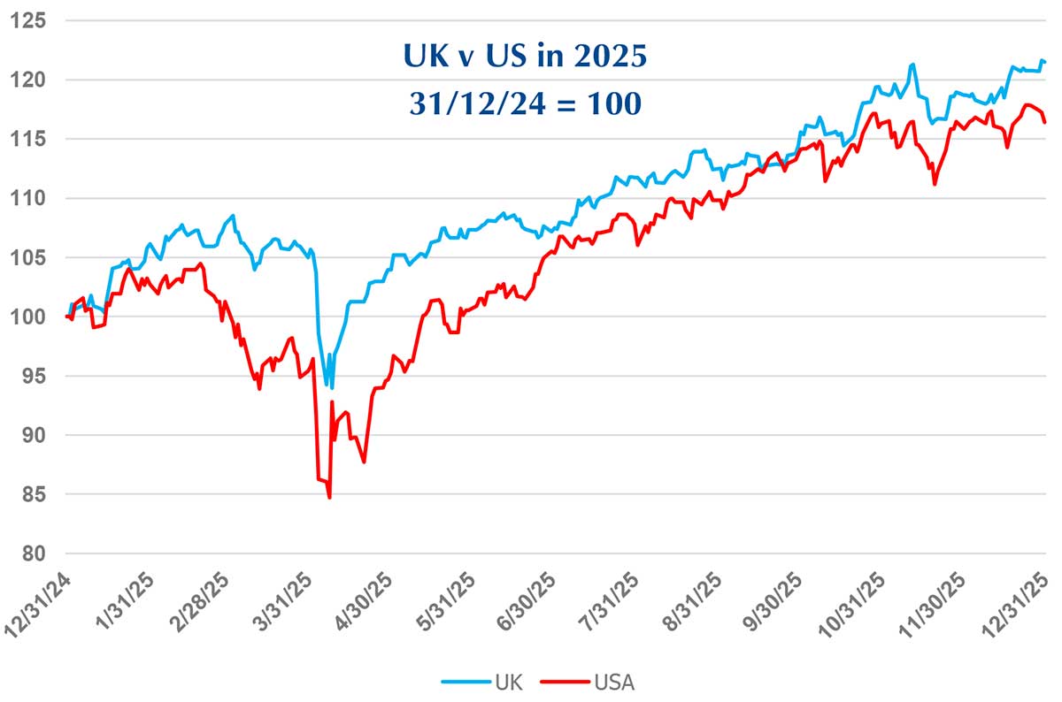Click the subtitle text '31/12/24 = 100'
[x=524, y=103]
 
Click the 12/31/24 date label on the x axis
[x=44, y=600]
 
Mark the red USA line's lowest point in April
[x=329, y=498]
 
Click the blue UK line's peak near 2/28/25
[x=233, y=215]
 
